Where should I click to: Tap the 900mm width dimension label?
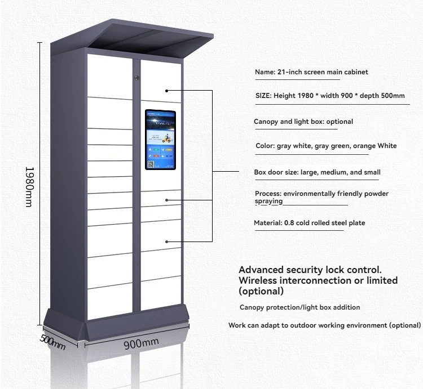pos(141,343)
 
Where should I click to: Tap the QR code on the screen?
pos(151,164)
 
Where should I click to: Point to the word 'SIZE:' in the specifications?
pos(263,96)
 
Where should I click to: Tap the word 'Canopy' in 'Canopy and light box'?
pos(266,122)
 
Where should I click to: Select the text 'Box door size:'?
pos(274,172)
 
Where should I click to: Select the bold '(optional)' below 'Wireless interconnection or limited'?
pos(261,291)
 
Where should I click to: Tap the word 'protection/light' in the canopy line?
pos(292,307)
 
